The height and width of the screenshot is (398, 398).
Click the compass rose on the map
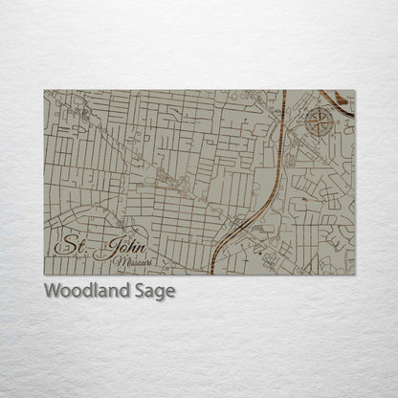click(x=321, y=122)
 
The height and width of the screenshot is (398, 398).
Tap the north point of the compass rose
click(x=321, y=107)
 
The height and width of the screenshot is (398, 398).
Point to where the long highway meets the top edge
click(x=284, y=91)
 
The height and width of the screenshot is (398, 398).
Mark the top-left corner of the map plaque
click(x=44, y=90)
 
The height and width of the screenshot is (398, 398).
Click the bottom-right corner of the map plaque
click(x=354, y=275)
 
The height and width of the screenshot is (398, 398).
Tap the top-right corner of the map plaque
click(x=354, y=90)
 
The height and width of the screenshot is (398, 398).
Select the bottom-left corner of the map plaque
click(x=44, y=275)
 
